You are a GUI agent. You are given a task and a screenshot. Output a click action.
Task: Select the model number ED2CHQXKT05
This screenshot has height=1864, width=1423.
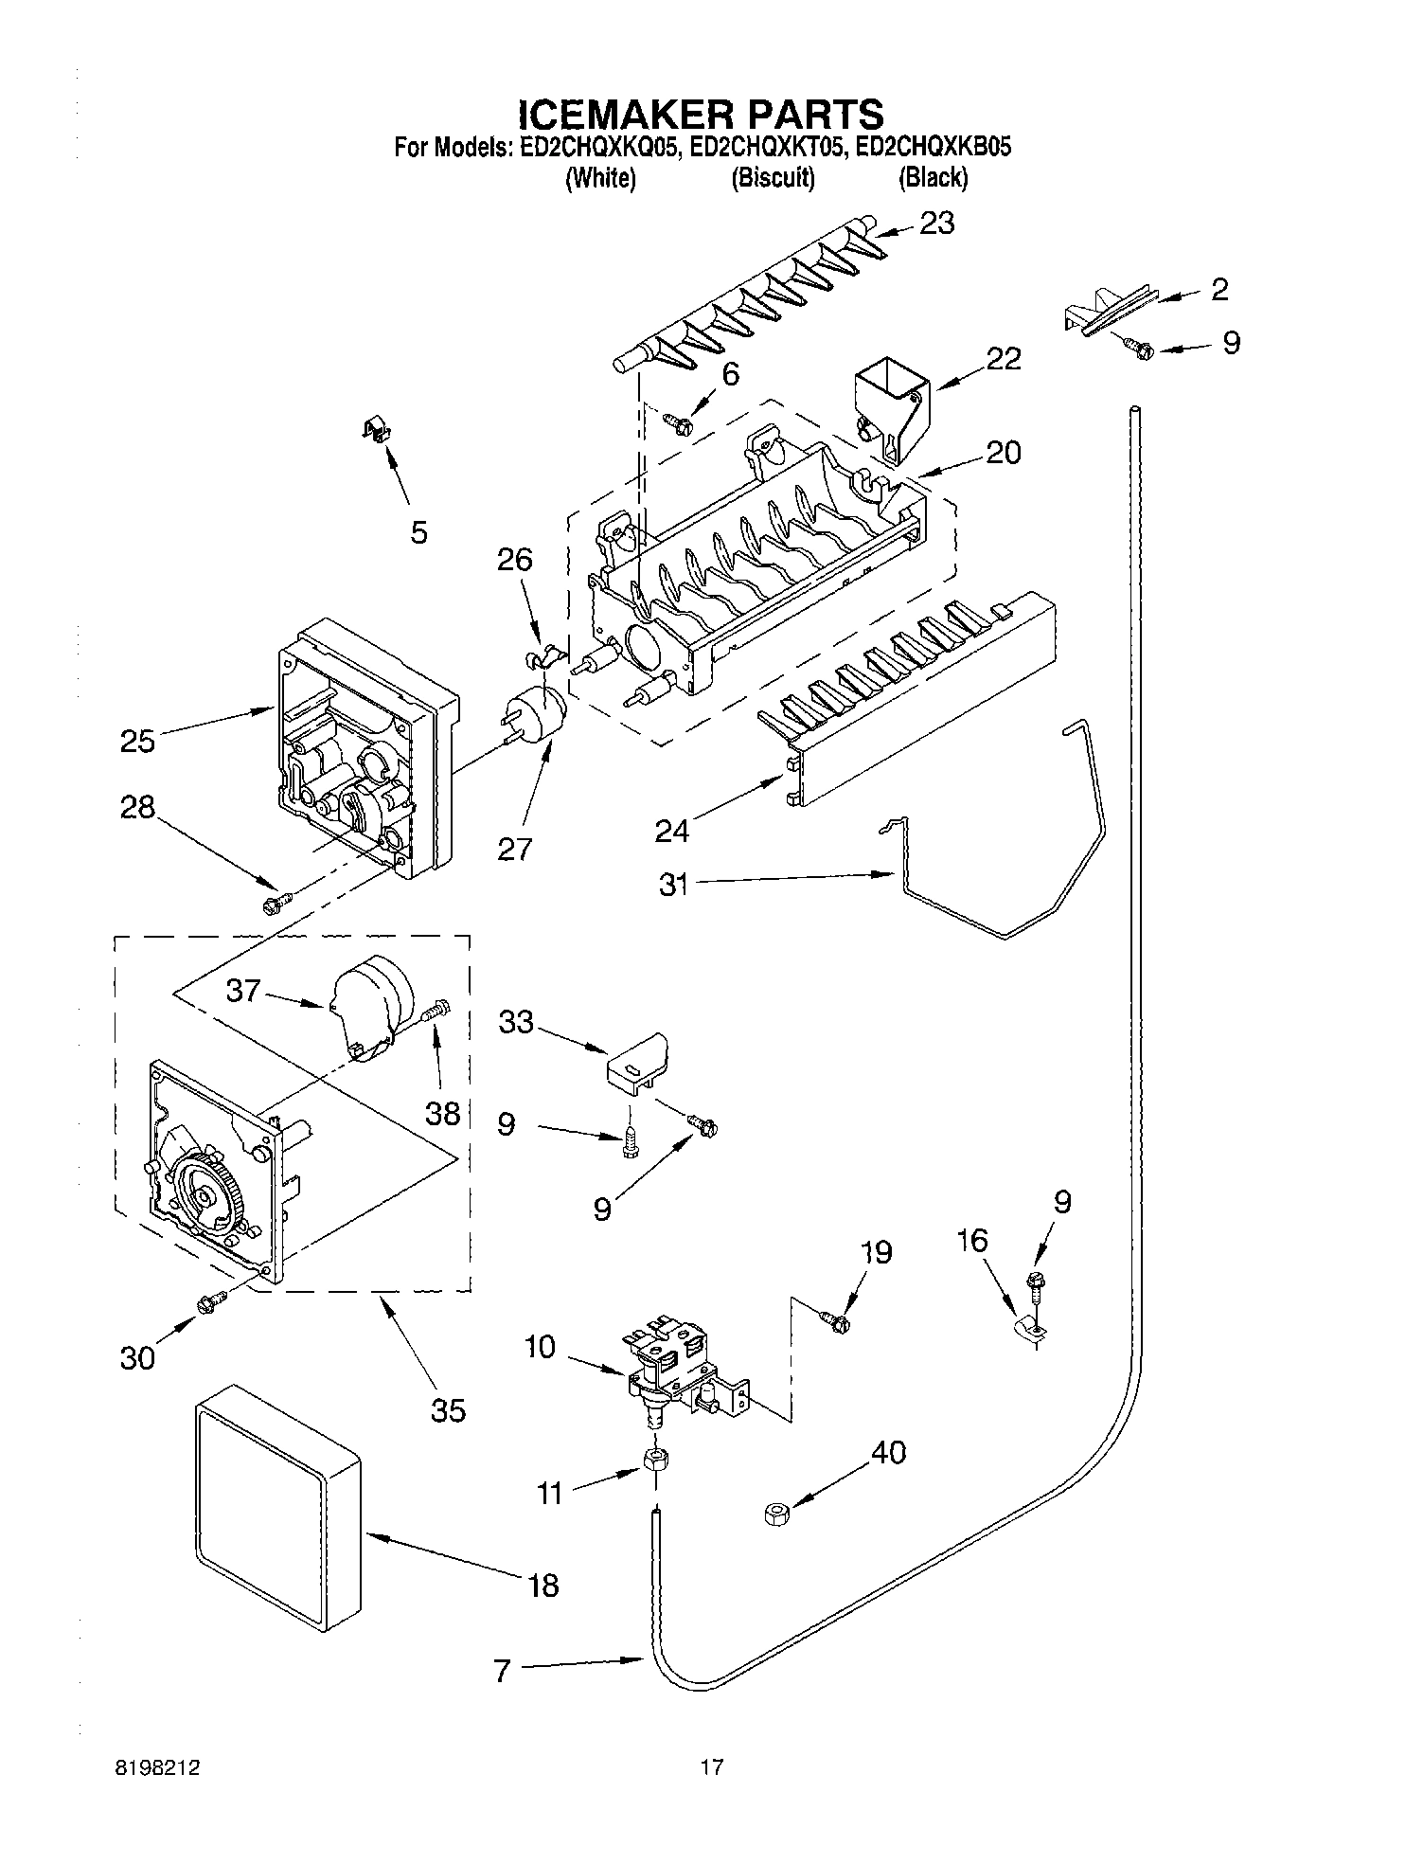click(x=764, y=148)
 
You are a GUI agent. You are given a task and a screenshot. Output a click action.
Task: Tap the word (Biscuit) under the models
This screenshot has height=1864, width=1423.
click(x=773, y=177)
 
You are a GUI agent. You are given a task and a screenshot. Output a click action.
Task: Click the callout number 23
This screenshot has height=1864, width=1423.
click(x=936, y=224)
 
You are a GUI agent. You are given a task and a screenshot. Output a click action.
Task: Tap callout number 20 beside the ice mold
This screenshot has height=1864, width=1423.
click(x=1003, y=453)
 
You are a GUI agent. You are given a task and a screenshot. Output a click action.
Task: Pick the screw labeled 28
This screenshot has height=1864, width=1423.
click(x=276, y=903)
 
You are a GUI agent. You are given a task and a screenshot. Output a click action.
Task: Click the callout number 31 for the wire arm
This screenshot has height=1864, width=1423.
click(x=673, y=887)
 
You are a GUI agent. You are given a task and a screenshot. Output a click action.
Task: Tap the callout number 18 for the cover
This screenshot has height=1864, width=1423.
click(x=543, y=1585)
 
